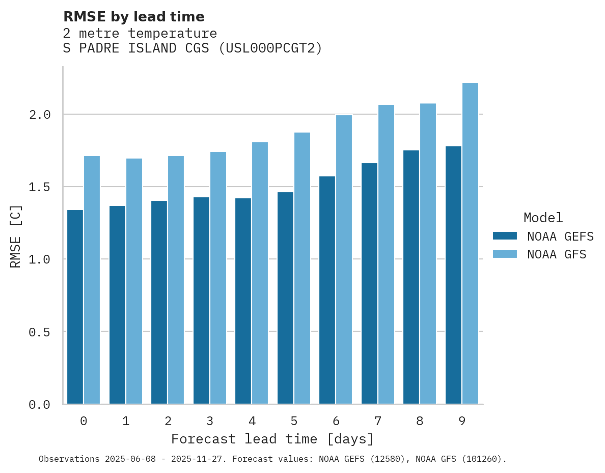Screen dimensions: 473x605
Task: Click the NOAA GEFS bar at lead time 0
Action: click(x=75, y=307)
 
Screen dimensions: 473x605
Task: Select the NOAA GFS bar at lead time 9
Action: click(x=470, y=244)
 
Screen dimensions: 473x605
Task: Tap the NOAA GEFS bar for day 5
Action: click(x=285, y=298)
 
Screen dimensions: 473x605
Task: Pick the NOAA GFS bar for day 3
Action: click(x=218, y=278)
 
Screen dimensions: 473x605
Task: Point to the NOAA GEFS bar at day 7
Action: click(x=369, y=283)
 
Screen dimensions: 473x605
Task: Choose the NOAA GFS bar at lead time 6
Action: click(x=344, y=259)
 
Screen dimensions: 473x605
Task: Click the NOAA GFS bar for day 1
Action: click(x=134, y=281)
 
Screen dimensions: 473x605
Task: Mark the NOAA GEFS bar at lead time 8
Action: click(x=411, y=277)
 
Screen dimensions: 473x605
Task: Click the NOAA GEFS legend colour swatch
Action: click(x=505, y=236)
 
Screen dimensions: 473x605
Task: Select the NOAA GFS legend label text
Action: click(x=557, y=254)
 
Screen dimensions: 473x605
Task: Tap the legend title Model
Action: click(x=543, y=218)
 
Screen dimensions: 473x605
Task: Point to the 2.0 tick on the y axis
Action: click(x=40, y=115)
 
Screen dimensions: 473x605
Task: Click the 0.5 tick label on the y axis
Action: click(x=40, y=332)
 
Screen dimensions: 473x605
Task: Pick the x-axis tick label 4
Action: click(x=252, y=422)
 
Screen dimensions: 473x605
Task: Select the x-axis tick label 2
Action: click(x=168, y=422)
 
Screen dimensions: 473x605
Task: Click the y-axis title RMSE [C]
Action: click(x=16, y=236)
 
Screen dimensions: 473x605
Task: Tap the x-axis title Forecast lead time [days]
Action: click(x=272, y=439)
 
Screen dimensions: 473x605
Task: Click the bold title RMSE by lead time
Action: click(x=134, y=17)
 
